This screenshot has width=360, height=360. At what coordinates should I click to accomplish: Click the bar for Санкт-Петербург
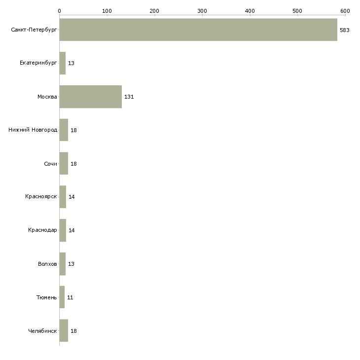coord(198,30)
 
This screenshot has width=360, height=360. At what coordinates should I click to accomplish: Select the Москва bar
coord(91,97)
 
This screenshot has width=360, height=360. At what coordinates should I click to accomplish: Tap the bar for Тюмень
coord(62,297)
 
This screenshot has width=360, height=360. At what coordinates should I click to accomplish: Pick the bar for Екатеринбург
coord(63,63)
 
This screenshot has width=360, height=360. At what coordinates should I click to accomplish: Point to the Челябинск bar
coord(64,331)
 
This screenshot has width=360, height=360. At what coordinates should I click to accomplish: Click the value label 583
coord(344,30)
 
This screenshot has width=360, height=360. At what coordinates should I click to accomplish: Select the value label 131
coord(129,97)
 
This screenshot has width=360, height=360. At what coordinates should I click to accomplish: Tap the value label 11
coord(70,297)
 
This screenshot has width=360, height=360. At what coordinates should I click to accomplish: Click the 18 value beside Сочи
coord(73,164)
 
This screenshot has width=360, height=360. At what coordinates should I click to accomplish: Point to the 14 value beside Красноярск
coord(72,197)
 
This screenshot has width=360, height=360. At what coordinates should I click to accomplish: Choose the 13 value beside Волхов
coord(71,264)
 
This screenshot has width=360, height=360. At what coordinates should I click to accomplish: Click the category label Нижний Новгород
coord(33,130)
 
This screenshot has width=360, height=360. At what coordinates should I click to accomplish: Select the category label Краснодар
coord(42,230)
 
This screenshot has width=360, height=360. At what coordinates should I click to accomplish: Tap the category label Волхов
coord(47,264)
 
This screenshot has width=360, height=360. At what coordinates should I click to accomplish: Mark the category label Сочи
coord(50,164)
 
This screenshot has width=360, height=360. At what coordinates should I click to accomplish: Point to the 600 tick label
coord(345,10)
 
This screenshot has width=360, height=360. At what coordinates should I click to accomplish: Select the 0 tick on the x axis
coord(59,10)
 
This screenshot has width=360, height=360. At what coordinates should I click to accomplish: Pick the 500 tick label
coord(297,10)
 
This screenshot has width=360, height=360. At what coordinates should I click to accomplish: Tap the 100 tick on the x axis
coord(107,10)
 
